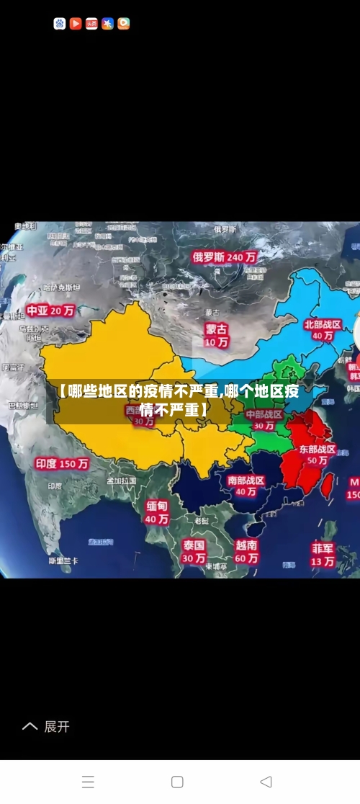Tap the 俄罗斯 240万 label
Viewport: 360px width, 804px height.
(225, 256)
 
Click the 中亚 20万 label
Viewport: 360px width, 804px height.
(50, 311)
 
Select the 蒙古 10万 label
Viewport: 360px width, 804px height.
(216, 335)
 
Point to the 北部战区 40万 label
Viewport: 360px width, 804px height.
(323, 330)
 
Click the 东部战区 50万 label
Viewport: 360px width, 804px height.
(317, 454)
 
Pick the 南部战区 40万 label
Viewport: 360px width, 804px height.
(246, 486)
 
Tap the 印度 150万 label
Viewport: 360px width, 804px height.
(63, 463)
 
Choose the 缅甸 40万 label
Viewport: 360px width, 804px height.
(156, 512)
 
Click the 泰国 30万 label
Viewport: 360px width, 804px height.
(193, 551)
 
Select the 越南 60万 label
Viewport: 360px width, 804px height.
(246, 551)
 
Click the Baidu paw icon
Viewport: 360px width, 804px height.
(60, 24)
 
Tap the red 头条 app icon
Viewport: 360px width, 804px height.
(91, 24)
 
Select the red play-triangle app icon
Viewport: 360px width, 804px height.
(76, 24)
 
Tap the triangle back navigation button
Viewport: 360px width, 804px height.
(266, 782)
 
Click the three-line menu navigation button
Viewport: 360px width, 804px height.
(88, 782)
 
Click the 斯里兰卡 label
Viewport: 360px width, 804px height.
(63, 560)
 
